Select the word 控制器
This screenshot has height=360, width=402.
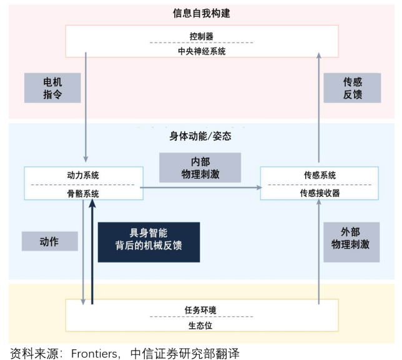pyautogui.click(x=202, y=36)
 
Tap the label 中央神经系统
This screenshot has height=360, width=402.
pyautogui.click(x=202, y=51)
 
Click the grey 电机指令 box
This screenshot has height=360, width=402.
pyautogui.click(x=52, y=88)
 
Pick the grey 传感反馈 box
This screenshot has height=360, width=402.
pyautogui.click(x=353, y=88)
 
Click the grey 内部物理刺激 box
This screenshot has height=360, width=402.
pyautogui.click(x=200, y=166)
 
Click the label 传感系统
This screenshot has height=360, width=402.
pyautogui.click(x=319, y=175)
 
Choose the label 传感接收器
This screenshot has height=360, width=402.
pyautogui.click(x=319, y=193)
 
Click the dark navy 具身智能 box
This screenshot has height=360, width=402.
pyautogui.click(x=149, y=241)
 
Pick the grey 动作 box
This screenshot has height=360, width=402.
pyautogui.click(x=49, y=242)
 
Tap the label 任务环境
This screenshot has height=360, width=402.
pyautogui.click(x=202, y=310)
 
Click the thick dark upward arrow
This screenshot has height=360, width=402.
pyautogui.click(x=92, y=250)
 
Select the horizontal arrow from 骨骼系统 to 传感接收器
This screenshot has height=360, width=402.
pyautogui.click(x=200, y=187)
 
